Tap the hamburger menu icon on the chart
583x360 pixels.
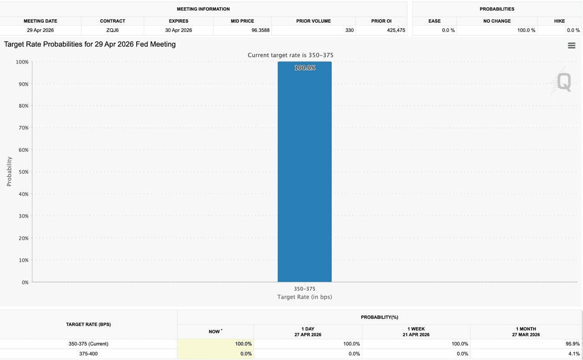pos(572,46)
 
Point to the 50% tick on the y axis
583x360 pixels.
pos(23,172)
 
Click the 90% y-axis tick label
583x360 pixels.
pos(23,84)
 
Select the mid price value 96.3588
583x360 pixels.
pos(261,30)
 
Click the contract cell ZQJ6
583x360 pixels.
pos(113,30)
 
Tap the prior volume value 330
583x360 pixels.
pos(349,30)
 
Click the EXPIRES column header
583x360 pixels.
pos(179,21)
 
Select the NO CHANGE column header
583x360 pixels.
pos(497,21)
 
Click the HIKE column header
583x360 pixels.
pos(559,21)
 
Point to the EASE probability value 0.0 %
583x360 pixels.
pos(448,30)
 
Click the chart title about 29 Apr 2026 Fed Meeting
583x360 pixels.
pos(90,44)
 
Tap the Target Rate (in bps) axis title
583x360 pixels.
pos(305,297)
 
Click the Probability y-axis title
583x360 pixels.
pos(9,171)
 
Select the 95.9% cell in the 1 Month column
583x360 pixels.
pos(573,344)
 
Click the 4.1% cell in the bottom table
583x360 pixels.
pos(574,354)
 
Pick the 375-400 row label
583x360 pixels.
pos(88,354)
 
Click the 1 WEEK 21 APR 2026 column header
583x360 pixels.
pos(416,332)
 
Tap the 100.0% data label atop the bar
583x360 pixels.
pos(305,68)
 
